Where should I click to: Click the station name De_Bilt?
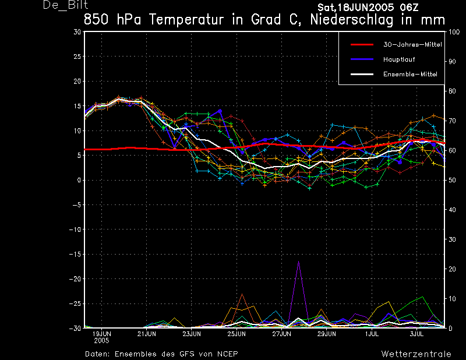point(65,5)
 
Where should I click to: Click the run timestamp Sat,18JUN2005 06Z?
point(368,8)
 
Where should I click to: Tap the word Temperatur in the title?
point(186,20)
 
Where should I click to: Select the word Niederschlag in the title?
point(352,20)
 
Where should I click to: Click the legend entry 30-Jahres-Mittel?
point(412,45)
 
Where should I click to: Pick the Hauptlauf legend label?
point(399,59)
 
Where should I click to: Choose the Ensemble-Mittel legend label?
point(410,75)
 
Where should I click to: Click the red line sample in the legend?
point(362,45)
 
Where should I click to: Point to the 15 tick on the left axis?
point(77,106)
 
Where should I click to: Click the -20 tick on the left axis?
point(75,279)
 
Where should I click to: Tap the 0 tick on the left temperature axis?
point(79,180)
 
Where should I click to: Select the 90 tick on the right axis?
point(452,62)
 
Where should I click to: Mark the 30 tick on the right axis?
point(452,239)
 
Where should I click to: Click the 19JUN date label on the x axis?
point(101,334)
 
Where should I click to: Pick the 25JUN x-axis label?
point(236,334)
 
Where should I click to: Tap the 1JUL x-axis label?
point(372,334)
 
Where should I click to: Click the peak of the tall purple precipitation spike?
point(298,262)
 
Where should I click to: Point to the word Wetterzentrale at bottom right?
point(416,354)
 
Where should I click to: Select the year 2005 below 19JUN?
point(101,341)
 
